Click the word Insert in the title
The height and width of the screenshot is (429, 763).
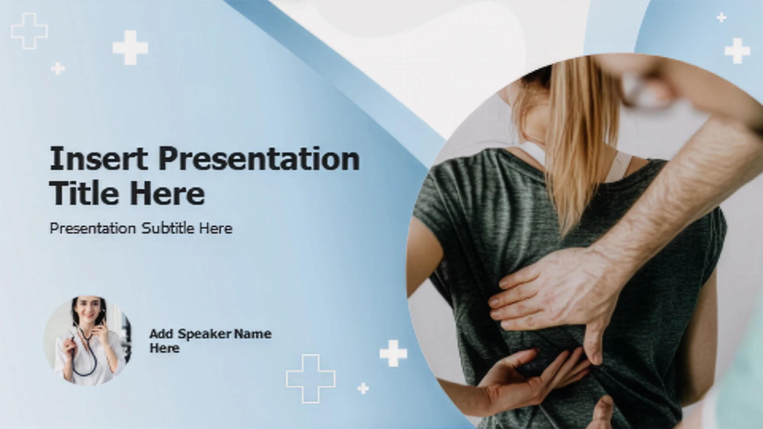99,158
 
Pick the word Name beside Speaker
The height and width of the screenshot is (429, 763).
253,334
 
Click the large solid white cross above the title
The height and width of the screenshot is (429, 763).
130,48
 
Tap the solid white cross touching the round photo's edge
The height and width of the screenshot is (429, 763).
393,353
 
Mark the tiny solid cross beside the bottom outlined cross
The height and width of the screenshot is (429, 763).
363,388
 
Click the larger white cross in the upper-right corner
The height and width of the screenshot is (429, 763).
737,51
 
